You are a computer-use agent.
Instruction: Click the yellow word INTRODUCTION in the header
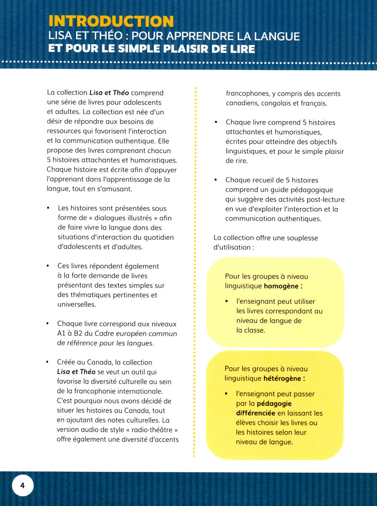click(111, 21)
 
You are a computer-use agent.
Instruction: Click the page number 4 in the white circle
click(23, 485)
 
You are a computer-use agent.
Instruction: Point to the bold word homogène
click(281, 286)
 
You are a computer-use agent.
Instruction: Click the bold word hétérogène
click(282, 378)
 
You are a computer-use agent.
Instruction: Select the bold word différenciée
click(256, 413)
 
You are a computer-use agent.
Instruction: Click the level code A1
click(62, 334)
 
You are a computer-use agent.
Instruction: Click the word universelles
click(77, 305)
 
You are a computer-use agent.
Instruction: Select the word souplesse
click(300, 238)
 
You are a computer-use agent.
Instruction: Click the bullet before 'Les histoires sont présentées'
click(48, 208)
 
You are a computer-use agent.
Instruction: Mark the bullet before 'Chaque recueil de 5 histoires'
click(216, 180)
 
